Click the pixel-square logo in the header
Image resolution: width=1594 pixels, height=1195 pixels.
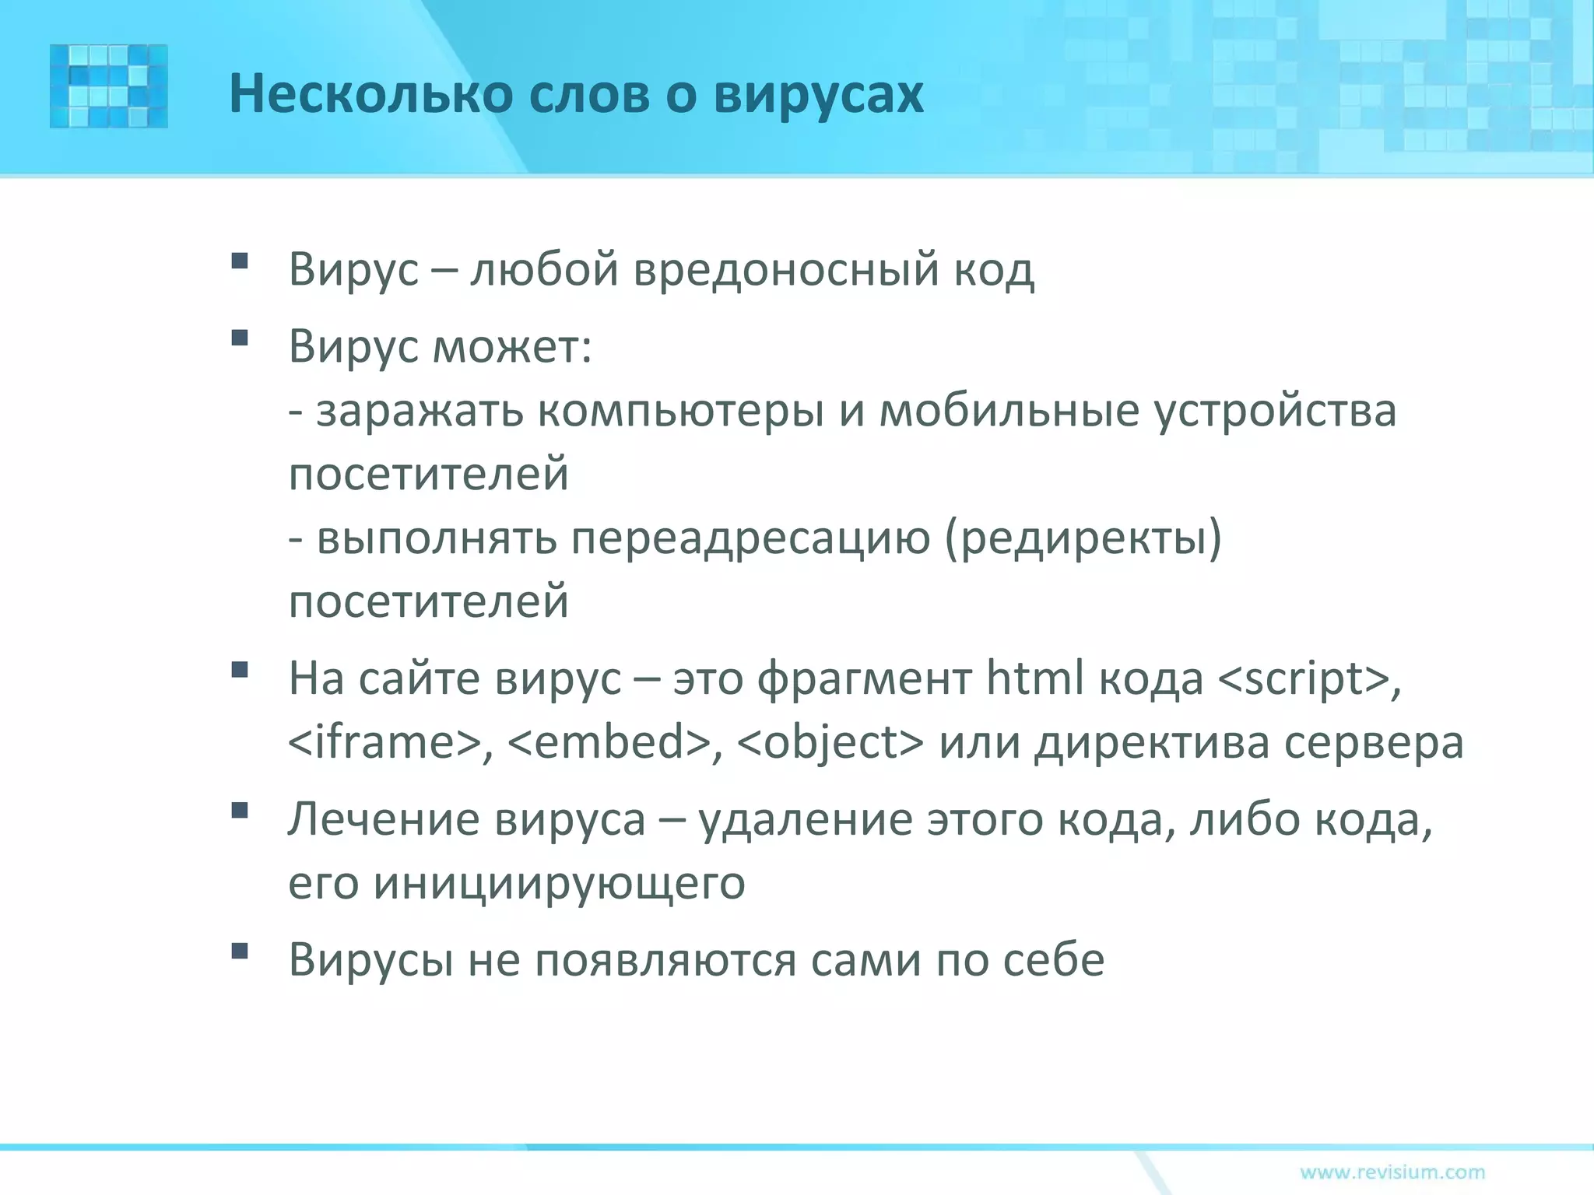pos(108,86)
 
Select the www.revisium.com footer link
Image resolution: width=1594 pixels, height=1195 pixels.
pos(1392,1172)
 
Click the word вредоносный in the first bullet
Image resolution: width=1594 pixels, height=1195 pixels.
pos(786,270)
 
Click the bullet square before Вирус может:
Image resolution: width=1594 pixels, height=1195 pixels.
pos(240,338)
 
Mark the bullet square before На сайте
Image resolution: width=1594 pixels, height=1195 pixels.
pos(240,670)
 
